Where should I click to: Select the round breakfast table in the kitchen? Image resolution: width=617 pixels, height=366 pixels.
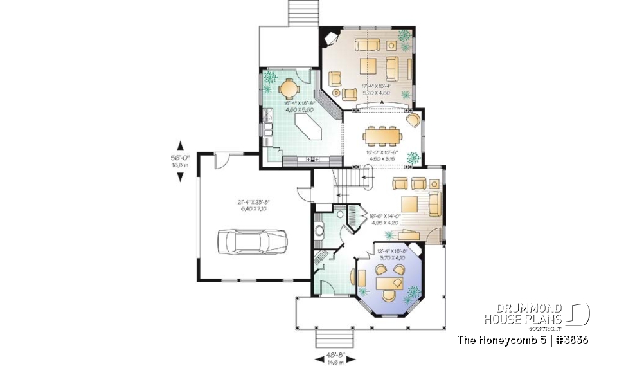point(291,86)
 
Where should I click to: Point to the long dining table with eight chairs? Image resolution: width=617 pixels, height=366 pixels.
point(382,136)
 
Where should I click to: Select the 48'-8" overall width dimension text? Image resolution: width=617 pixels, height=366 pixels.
point(332,358)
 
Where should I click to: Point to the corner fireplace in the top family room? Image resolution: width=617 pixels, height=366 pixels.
point(330,39)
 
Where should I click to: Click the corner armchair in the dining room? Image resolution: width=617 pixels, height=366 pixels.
point(413,121)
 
